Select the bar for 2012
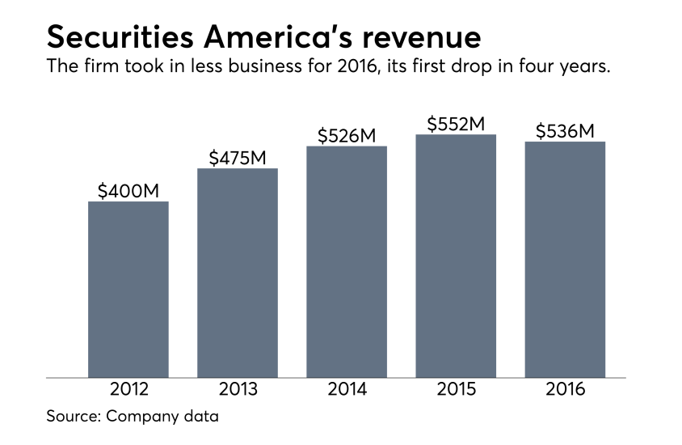[x=128, y=289]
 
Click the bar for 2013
[x=238, y=273]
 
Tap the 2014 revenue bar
[x=347, y=261]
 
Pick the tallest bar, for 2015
[x=456, y=256]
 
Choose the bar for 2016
[x=565, y=259]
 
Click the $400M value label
[x=128, y=191]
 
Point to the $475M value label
[x=238, y=158]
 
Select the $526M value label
[x=347, y=136]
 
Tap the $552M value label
[x=456, y=124]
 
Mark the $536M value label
[x=565, y=131]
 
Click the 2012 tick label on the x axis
[x=128, y=390]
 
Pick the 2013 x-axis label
[x=238, y=390]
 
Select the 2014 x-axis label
[x=347, y=390]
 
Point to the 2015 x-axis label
[x=456, y=390]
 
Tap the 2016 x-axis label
[x=565, y=390]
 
